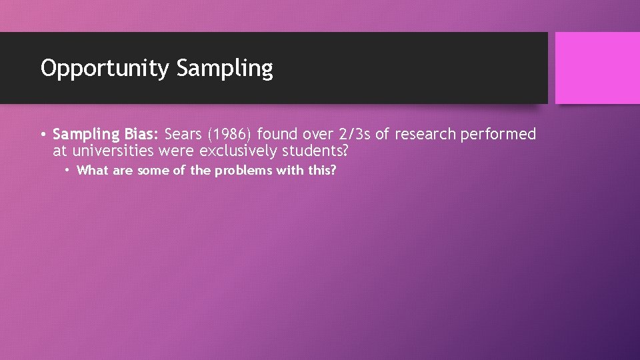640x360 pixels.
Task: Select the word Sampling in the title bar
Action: tap(225, 69)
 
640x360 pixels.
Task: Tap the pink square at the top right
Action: tap(597, 68)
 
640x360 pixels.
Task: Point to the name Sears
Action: tap(183, 135)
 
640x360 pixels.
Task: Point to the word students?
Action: tap(315, 151)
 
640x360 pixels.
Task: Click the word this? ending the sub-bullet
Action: tap(322, 171)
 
